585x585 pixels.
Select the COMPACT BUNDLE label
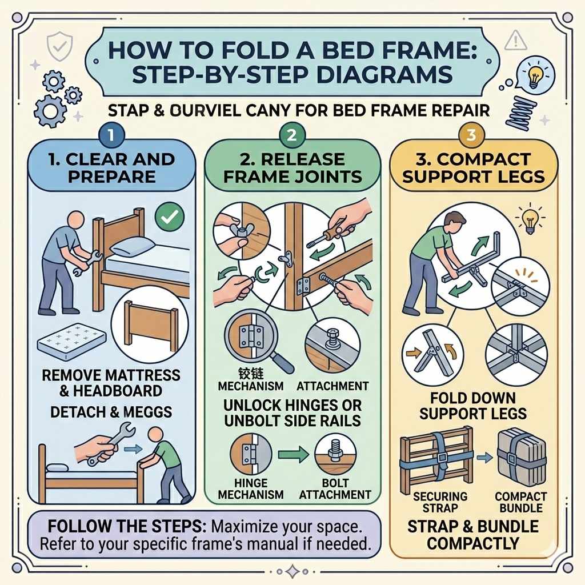pos(520,502)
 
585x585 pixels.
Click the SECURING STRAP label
pos(440,502)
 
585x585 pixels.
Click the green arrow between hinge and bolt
pos(291,455)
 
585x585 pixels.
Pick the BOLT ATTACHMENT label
pos(335,488)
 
